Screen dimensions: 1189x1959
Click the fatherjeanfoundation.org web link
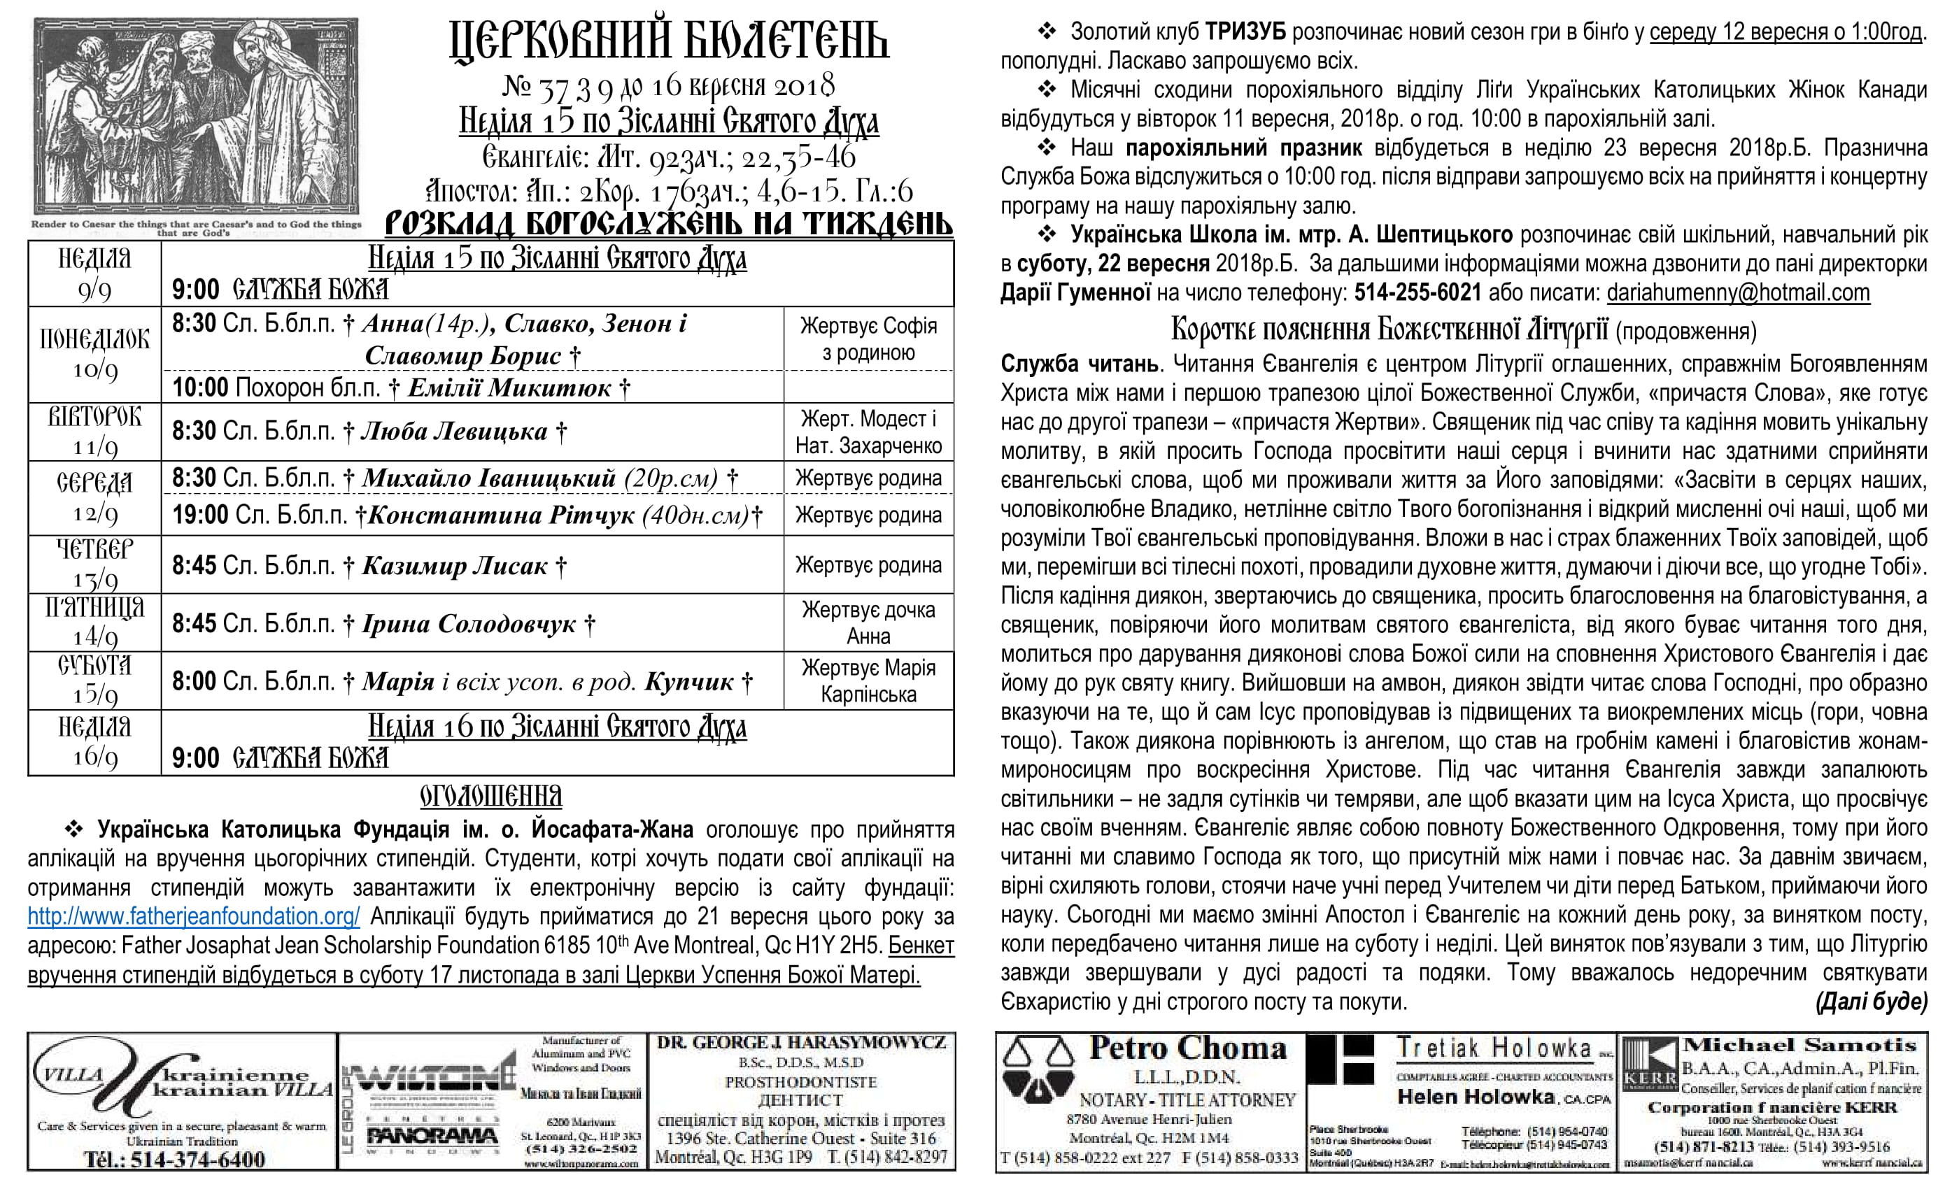click(193, 916)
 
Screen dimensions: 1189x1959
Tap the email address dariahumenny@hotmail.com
click(1738, 292)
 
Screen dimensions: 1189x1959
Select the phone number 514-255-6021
click(1417, 292)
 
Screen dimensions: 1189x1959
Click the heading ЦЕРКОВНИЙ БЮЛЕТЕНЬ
click(669, 41)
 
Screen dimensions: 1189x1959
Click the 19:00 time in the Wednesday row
click(199, 515)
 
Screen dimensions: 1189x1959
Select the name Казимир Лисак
click(455, 566)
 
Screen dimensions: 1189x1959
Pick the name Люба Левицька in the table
click(454, 431)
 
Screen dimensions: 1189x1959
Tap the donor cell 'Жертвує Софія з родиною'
click(868, 339)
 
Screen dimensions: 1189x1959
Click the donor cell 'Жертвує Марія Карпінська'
click(868, 681)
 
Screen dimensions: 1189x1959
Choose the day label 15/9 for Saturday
click(94, 694)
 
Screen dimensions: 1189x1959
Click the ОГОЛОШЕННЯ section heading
click(490, 797)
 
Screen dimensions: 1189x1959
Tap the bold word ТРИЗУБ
click(1245, 31)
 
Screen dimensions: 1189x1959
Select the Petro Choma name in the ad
click(1188, 1048)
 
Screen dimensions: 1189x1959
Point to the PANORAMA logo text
click(432, 1137)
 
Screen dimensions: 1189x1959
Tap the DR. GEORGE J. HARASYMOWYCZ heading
click(801, 1043)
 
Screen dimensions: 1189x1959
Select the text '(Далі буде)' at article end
click(1871, 1002)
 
